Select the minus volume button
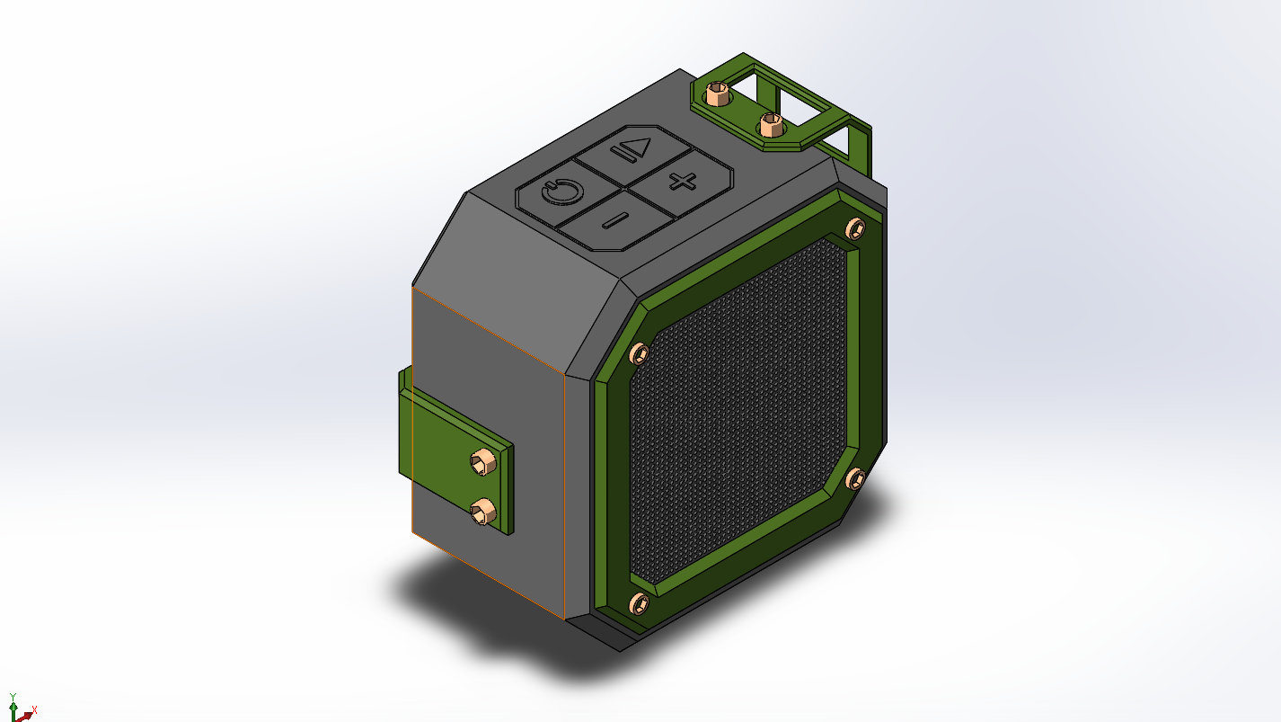click(615, 220)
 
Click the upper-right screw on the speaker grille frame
click(855, 228)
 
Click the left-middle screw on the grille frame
click(639, 354)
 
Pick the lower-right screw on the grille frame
click(855, 478)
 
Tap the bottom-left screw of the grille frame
click(639, 603)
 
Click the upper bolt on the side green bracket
click(483, 462)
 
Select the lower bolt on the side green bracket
click(483, 512)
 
